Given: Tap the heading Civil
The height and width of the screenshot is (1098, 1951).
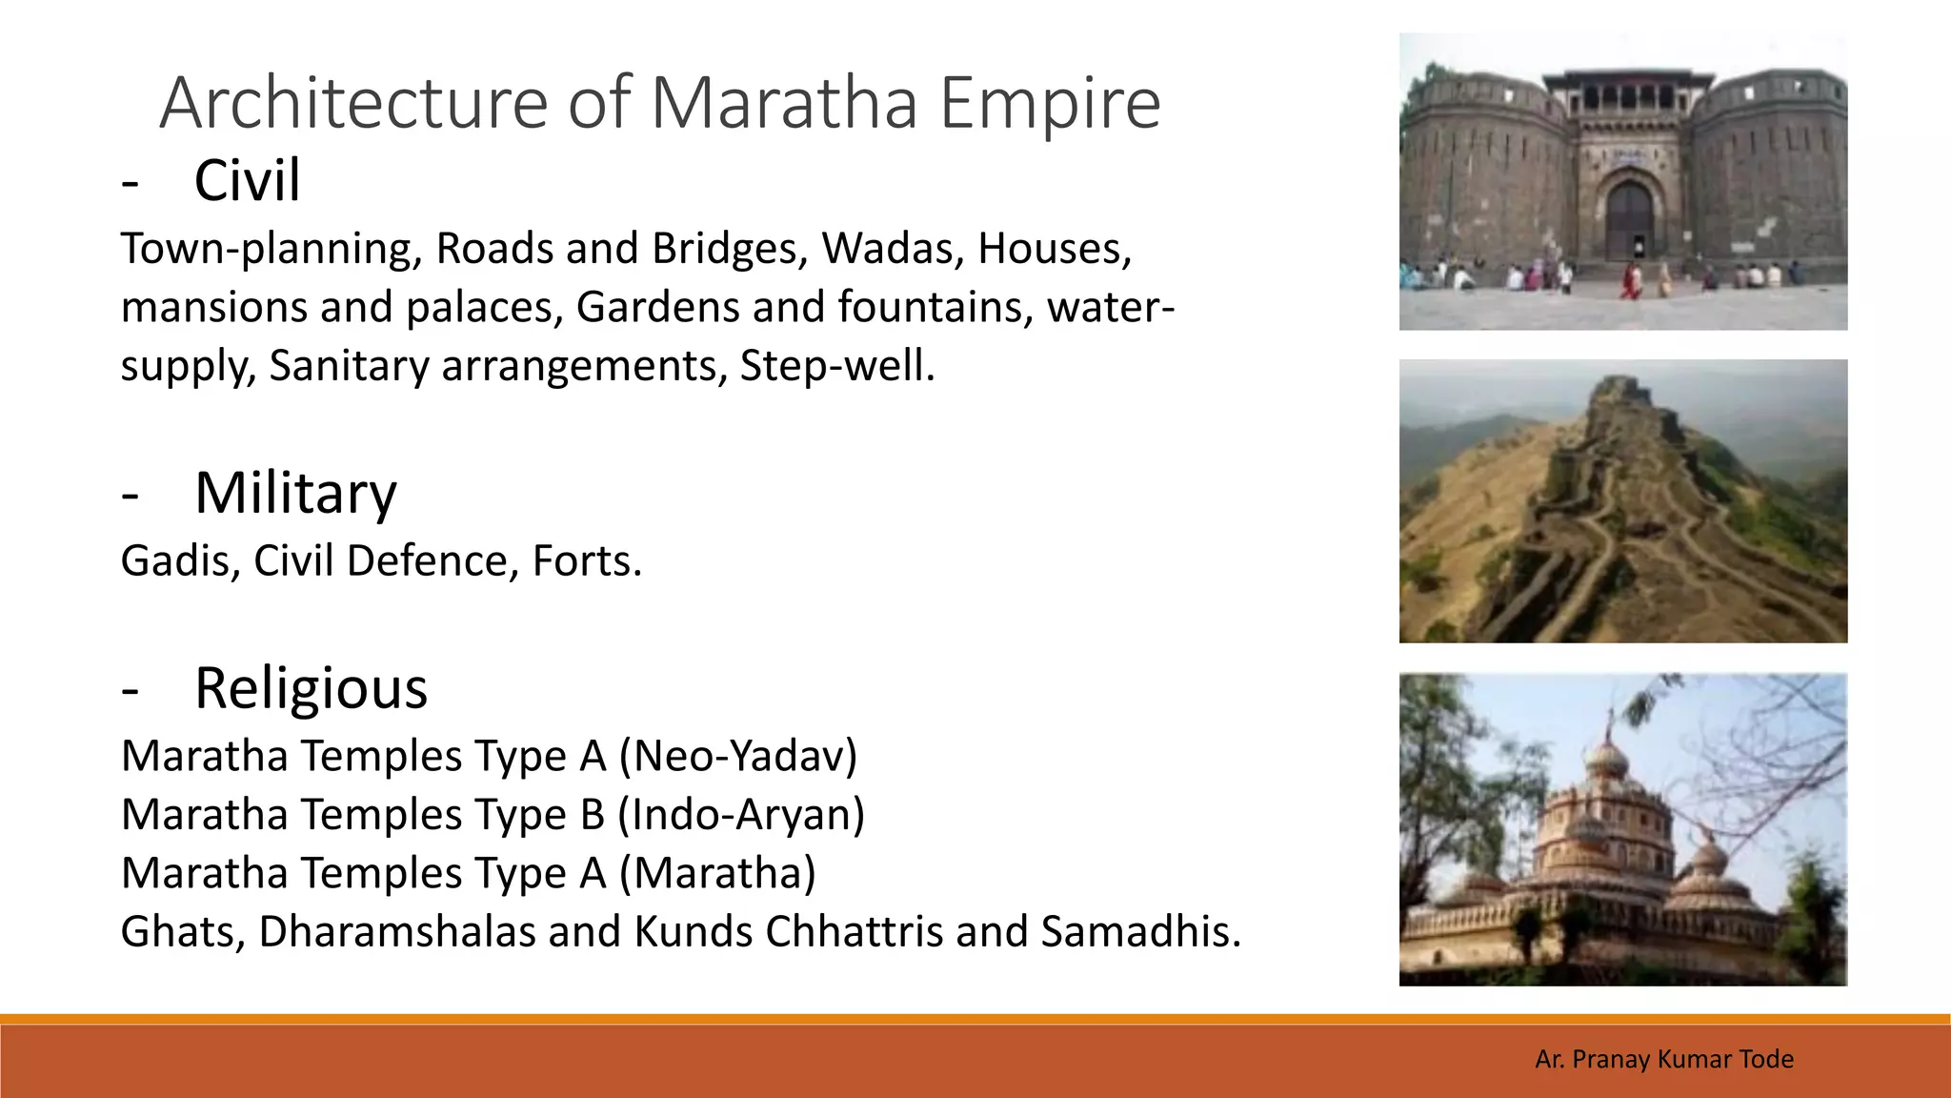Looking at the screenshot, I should click(x=247, y=180).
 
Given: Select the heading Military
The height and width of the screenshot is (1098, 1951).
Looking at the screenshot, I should click(x=295, y=493).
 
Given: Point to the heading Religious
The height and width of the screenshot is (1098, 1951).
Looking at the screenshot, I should click(x=311, y=688).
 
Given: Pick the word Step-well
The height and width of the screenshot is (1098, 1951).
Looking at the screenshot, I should click(x=837, y=366).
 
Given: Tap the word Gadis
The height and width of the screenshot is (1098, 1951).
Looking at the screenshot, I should click(x=180, y=561).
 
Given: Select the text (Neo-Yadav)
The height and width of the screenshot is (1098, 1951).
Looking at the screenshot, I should click(x=738, y=756).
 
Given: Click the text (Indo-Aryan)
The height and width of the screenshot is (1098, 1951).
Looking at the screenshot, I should click(x=741, y=815).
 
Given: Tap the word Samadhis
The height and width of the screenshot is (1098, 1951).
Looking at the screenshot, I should click(x=1140, y=932).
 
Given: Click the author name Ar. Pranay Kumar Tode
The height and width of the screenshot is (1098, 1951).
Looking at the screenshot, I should click(x=1663, y=1059).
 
